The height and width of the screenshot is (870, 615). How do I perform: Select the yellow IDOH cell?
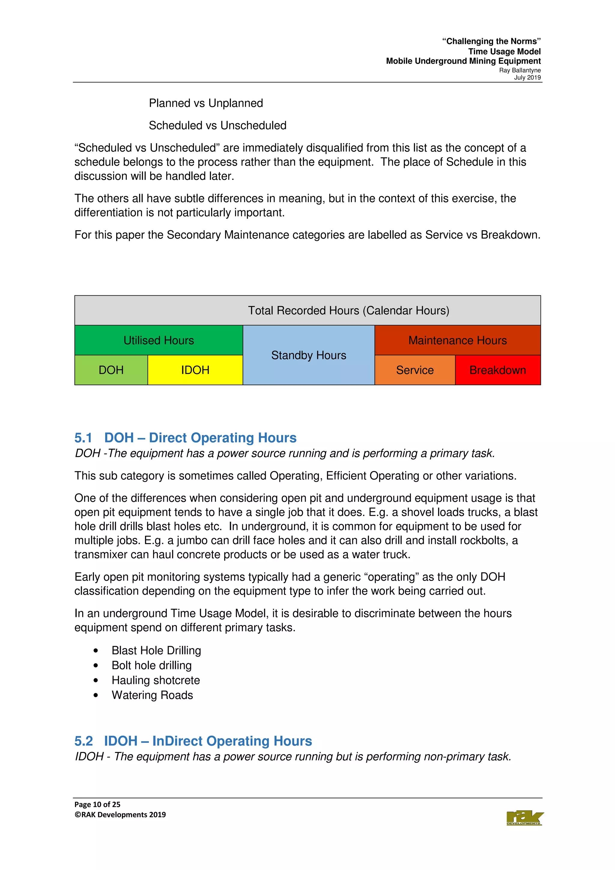click(x=195, y=370)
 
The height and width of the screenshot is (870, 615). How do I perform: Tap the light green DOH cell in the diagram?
click(x=111, y=370)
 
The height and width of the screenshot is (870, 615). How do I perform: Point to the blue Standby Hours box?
click(x=308, y=355)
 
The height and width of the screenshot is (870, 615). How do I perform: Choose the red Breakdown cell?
click(x=497, y=370)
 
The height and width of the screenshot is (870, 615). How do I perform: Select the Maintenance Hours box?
click(x=457, y=340)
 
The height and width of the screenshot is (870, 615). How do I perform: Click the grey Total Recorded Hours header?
click(x=348, y=310)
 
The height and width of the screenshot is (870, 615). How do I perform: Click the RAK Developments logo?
click(x=524, y=818)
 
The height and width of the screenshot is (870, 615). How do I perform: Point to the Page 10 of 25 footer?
click(x=97, y=804)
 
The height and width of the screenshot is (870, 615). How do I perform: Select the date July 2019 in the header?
click(x=527, y=78)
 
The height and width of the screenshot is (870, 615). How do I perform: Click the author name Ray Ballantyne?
click(x=520, y=70)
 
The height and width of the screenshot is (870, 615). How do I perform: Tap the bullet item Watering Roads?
click(x=152, y=695)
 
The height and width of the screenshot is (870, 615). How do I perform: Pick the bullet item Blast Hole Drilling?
click(x=156, y=650)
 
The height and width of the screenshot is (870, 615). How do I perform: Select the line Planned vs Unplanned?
click(x=206, y=103)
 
